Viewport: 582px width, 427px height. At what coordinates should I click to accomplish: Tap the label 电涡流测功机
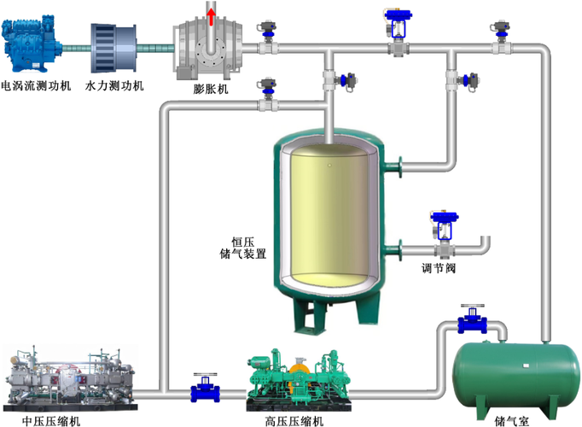click(36, 86)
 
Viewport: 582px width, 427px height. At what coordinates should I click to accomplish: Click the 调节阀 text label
click(439, 267)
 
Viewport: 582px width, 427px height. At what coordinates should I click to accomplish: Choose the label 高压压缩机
click(294, 420)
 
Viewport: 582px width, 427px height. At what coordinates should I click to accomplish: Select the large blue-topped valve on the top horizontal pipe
click(397, 30)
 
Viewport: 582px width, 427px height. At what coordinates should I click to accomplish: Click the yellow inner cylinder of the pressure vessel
click(326, 213)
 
